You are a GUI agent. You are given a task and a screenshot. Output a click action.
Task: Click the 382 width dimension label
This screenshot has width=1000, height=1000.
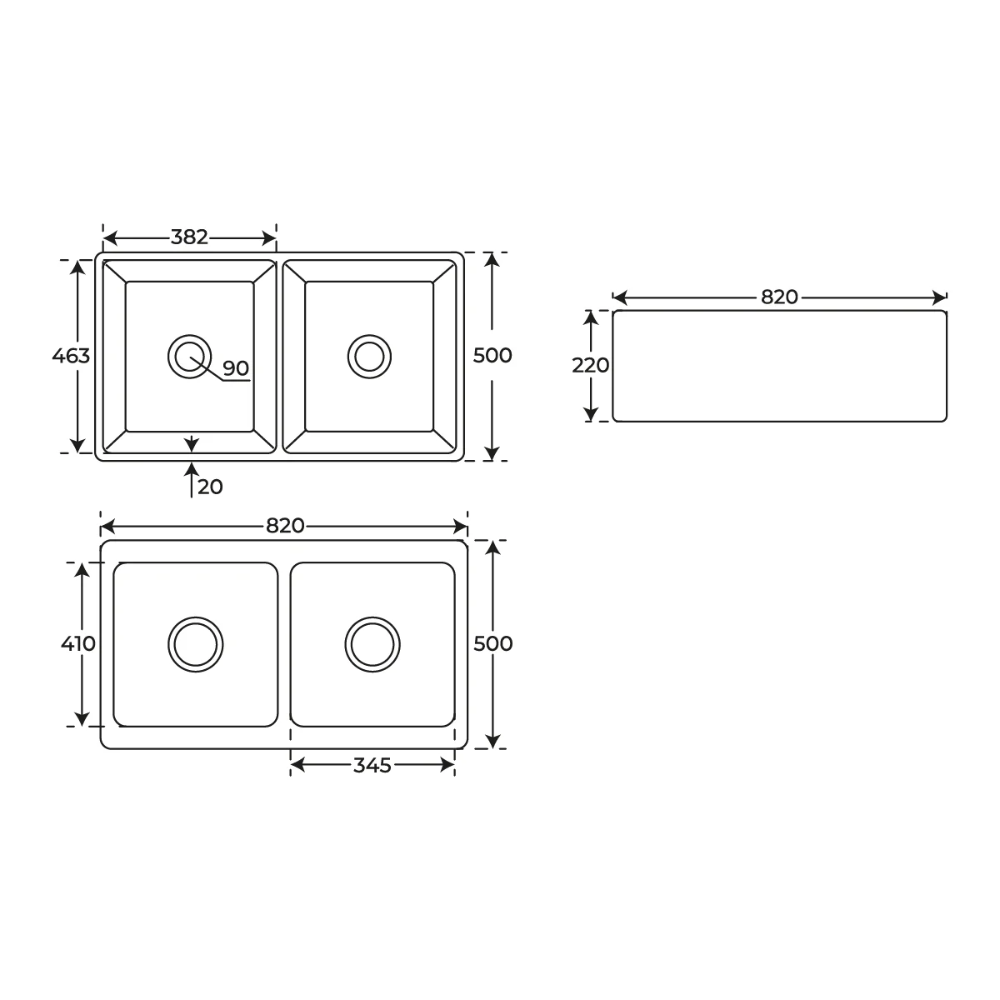pos(189,237)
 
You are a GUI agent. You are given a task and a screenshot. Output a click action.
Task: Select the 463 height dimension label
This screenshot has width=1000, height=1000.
pos(71,356)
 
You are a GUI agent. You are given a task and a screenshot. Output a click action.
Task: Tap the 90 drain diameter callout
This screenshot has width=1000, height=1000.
pos(236,368)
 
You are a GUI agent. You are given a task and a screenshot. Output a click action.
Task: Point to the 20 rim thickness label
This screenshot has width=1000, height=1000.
pos(210,487)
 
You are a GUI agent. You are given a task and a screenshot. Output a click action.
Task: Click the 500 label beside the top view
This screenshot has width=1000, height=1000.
pos(492,356)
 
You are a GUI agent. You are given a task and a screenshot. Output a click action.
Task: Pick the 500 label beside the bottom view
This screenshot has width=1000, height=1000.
pos(492,643)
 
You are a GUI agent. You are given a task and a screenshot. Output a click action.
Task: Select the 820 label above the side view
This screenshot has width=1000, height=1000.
pos(779,297)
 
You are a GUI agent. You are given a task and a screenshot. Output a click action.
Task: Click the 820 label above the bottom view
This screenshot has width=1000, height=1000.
pos(285,526)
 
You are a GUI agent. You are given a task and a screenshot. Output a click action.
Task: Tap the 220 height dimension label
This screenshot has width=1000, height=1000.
pos(590,365)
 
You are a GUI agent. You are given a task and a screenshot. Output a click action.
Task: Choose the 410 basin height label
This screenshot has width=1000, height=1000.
pos(78,643)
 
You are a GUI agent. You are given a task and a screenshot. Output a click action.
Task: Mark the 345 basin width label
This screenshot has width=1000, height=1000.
pos(372,766)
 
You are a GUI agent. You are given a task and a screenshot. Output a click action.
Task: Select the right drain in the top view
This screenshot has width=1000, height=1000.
pos(369,356)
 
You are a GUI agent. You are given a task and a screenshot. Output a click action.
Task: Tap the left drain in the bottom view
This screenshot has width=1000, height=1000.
pos(196,644)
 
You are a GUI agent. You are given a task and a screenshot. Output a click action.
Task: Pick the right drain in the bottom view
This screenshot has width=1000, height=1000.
pos(372,644)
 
